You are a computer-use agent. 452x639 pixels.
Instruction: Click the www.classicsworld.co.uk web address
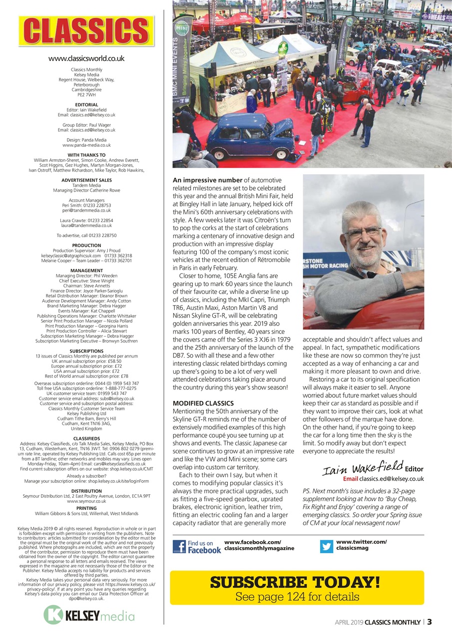[86, 59]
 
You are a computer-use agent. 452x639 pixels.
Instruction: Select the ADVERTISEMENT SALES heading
[86, 180]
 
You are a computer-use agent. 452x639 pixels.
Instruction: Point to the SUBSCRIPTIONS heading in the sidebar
[86, 351]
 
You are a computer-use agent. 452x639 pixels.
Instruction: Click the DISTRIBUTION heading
[86, 491]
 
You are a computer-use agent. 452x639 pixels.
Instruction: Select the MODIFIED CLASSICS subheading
[203, 403]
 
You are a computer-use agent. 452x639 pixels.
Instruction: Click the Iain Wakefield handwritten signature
[362, 468]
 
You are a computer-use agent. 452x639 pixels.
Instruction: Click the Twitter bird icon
[327, 547]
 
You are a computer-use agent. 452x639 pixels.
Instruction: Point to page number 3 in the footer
[430, 622]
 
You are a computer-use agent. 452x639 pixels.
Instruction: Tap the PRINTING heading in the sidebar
[86, 508]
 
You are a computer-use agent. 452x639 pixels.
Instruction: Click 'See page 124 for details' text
[297, 597]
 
